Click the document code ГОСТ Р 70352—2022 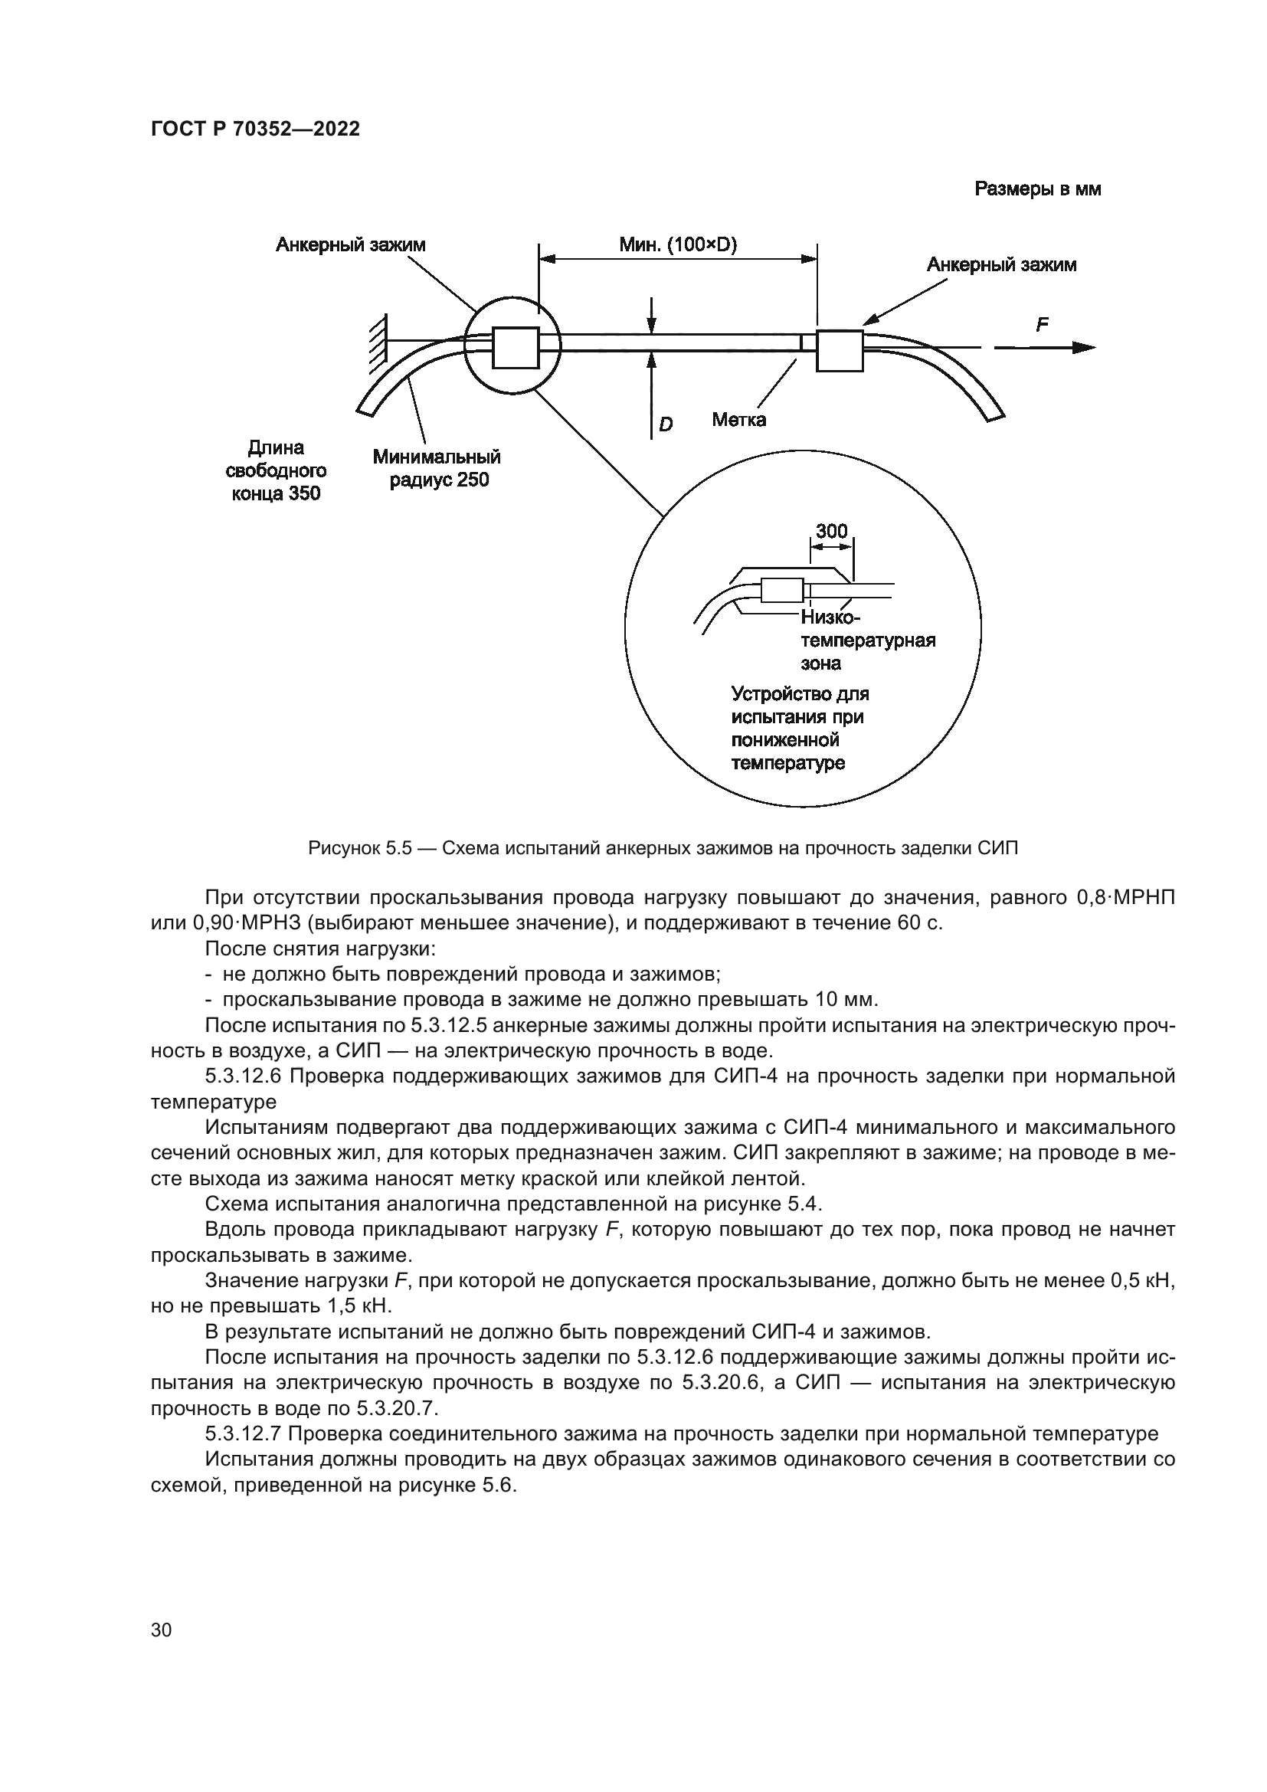(255, 129)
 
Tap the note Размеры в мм (1038, 189)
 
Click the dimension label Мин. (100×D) (678, 244)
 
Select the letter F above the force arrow (1042, 325)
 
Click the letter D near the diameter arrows (666, 424)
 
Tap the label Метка (738, 420)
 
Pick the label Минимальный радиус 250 (437, 468)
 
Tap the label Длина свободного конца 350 (276, 470)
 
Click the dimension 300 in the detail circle (831, 532)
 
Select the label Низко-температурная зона (866, 640)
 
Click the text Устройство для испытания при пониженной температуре (800, 727)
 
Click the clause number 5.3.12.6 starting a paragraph (243, 1076)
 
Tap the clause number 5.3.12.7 (243, 1433)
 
